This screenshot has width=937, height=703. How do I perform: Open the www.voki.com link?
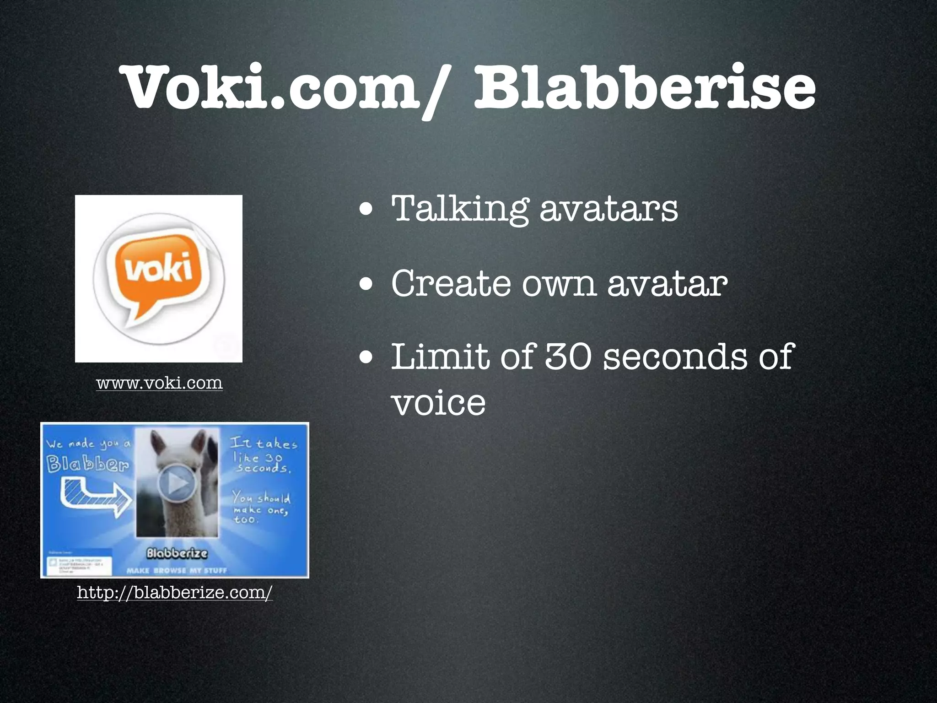click(159, 383)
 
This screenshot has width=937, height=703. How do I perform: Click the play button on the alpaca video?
click(177, 483)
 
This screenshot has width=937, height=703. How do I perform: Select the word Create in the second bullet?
click(451, 284)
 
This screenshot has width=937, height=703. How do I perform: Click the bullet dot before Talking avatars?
click(366, 211)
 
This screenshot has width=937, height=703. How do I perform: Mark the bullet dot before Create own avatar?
click(366, 286)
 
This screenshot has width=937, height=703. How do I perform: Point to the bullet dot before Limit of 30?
click(366, 359)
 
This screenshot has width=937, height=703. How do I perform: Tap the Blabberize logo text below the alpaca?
click(177, 553)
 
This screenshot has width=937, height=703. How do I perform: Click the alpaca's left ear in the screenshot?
click(157, 442)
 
